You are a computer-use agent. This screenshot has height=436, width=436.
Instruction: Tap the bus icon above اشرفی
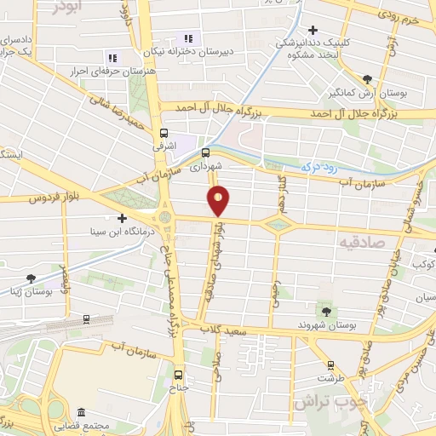pyautogui.click(x=163, y=133)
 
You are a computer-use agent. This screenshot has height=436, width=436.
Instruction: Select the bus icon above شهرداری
pyautogui.click(x=204, y=153)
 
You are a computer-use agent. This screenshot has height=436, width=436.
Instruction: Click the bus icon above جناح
pyautogui.click(x=178, y=374)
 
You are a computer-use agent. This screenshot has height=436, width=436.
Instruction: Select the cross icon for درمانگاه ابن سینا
pyautogui.click(x=124, y=219)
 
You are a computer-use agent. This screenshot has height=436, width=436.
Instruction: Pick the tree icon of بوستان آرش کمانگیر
pyautogui.click(x=367, y=77)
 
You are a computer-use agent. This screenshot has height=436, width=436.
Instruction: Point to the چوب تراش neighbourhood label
pyautogui.click(x=327, y=399)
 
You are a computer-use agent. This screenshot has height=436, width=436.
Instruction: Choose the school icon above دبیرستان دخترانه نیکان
pyautogui.click(x=187, y=38)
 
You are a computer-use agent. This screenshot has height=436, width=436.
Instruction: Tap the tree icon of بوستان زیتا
pyautogui.click(x=32, y=278)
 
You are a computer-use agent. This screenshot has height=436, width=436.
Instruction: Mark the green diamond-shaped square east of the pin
pyautogui.click(x=278, y=225)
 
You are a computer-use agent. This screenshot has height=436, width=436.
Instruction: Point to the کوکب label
pyautogui.click(x=423, y=264)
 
